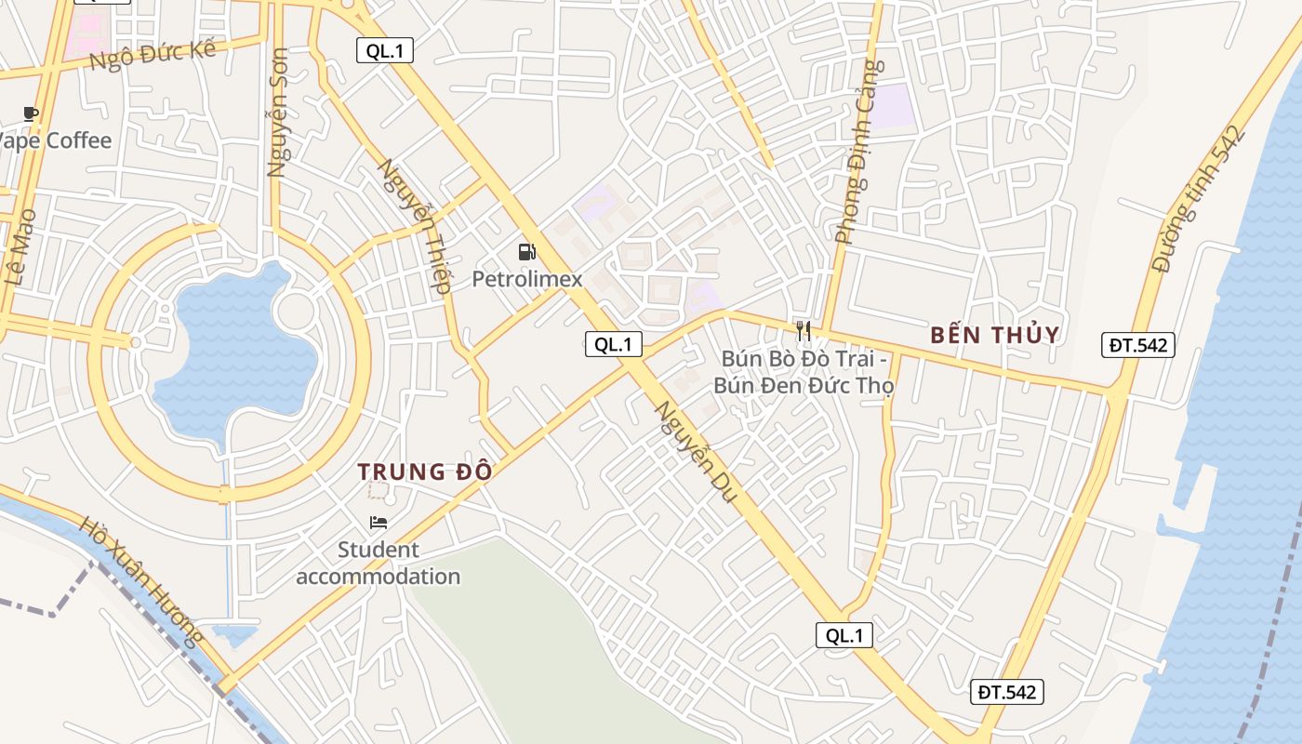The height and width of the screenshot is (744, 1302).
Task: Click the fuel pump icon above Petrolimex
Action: tap(526, 251)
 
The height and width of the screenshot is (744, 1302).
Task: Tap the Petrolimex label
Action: tap(527, 279)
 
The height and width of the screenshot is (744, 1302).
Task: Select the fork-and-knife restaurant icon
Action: tap(804, 330)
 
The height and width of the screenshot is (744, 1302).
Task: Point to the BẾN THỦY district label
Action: tap(995, 336)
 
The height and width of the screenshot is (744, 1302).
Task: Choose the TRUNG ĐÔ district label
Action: tap(425, 472)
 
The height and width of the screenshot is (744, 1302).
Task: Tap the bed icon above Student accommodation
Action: tap(379, 522)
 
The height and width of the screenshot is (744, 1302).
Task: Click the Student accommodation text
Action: tap(379, 563)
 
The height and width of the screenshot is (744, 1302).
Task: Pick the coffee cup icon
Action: tap(31, 114)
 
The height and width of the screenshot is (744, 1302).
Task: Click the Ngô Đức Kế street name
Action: tap(153, 57)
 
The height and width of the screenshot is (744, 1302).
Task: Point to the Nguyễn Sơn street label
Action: tap(277, 113)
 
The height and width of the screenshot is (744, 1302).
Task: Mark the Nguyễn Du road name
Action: tap(696, 452)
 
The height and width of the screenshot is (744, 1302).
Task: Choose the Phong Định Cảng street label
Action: tap(857, 153)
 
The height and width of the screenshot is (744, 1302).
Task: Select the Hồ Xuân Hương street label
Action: tap(141, 581)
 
